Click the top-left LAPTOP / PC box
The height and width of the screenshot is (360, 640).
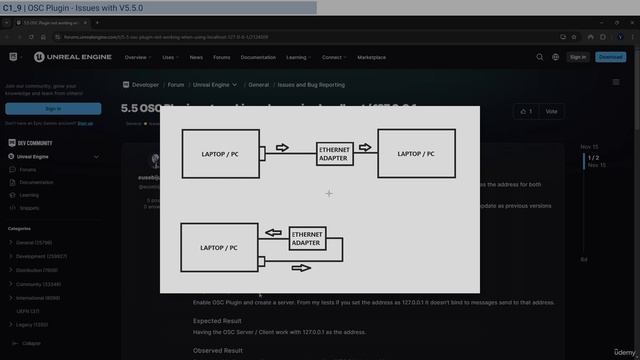click(219, 153)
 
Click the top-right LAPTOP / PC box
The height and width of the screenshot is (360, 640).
click(416, 153)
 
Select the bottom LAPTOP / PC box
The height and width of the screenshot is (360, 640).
click(218, 247)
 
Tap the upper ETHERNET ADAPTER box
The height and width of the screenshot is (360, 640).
click(334, 154)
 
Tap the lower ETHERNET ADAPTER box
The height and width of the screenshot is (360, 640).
click(306, 239)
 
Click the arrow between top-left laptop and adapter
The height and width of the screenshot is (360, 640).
click(282, 148)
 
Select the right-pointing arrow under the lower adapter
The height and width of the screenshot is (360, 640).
click(300, 268)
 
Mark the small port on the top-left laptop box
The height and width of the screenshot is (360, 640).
click(262, 154)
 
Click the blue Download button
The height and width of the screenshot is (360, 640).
click(610, 57)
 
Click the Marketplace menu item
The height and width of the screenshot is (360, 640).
click(372, 57)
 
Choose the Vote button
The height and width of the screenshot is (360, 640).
click(551, 111)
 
